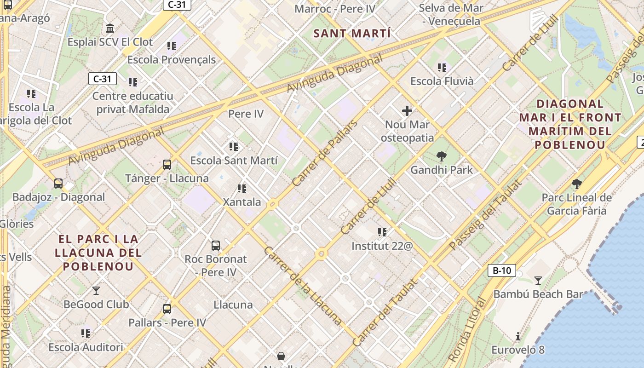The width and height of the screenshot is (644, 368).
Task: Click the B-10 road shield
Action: coord(501,270)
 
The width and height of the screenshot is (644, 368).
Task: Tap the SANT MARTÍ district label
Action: coord(352,34)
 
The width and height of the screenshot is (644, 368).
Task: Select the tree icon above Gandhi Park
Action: coord(442,156)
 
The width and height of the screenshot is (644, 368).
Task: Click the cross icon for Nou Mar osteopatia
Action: coord(407,111)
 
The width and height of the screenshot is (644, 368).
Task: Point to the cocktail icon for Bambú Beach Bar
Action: coord(538,280)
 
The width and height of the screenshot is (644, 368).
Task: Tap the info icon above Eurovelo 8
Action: coord(518,336)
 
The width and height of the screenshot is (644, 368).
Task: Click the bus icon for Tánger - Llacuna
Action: coord(167,165)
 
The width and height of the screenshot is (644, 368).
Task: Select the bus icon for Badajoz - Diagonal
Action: coord(58,184)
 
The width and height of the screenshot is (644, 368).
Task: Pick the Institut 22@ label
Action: coord(382,246)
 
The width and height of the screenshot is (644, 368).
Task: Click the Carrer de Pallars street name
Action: coord(325,153)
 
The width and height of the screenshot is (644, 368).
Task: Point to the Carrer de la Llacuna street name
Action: coord(303,286)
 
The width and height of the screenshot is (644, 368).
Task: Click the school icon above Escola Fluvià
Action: coord(442,68)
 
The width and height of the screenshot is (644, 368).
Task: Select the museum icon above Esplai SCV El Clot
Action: coord(110,29)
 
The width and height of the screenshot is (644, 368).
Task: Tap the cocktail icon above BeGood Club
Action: coord(96,290)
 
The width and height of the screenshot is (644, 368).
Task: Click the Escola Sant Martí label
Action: coord(234,161)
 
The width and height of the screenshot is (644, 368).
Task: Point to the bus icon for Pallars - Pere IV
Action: coord(167,309)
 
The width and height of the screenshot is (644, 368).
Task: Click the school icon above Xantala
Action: coord(242,188)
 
